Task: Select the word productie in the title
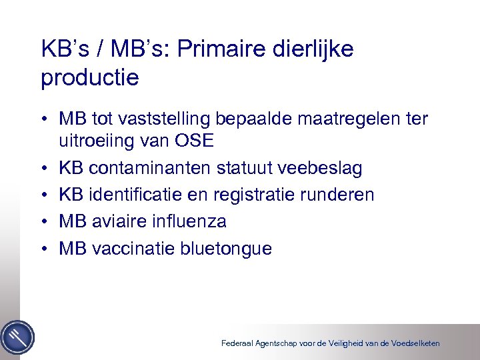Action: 90,78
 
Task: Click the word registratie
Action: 248,195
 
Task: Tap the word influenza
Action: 189,221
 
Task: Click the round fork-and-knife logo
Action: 17,337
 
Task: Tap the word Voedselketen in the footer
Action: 413,343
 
